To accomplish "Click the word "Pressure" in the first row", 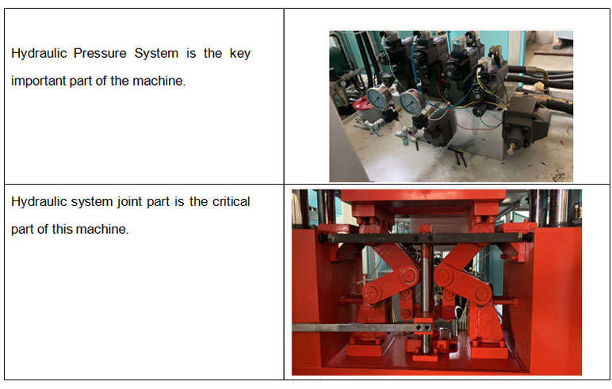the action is pos(100,53).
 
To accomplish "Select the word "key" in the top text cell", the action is pos(240,53).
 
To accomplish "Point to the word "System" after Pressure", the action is pos(156,53).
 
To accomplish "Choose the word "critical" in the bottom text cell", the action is pos(231,201).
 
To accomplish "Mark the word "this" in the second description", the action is pos(62,229).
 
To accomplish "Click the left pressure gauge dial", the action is pos(378,97).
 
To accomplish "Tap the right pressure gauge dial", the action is pos(411,102).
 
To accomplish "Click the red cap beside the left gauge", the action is pos(362,104).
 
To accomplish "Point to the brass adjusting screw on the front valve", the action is pos(510,149).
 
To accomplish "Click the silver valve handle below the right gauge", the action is pos(404,136).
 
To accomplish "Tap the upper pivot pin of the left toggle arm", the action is pos(409,275).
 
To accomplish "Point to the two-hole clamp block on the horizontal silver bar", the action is pos(423,326).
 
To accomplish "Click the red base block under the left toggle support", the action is pos(364,347).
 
